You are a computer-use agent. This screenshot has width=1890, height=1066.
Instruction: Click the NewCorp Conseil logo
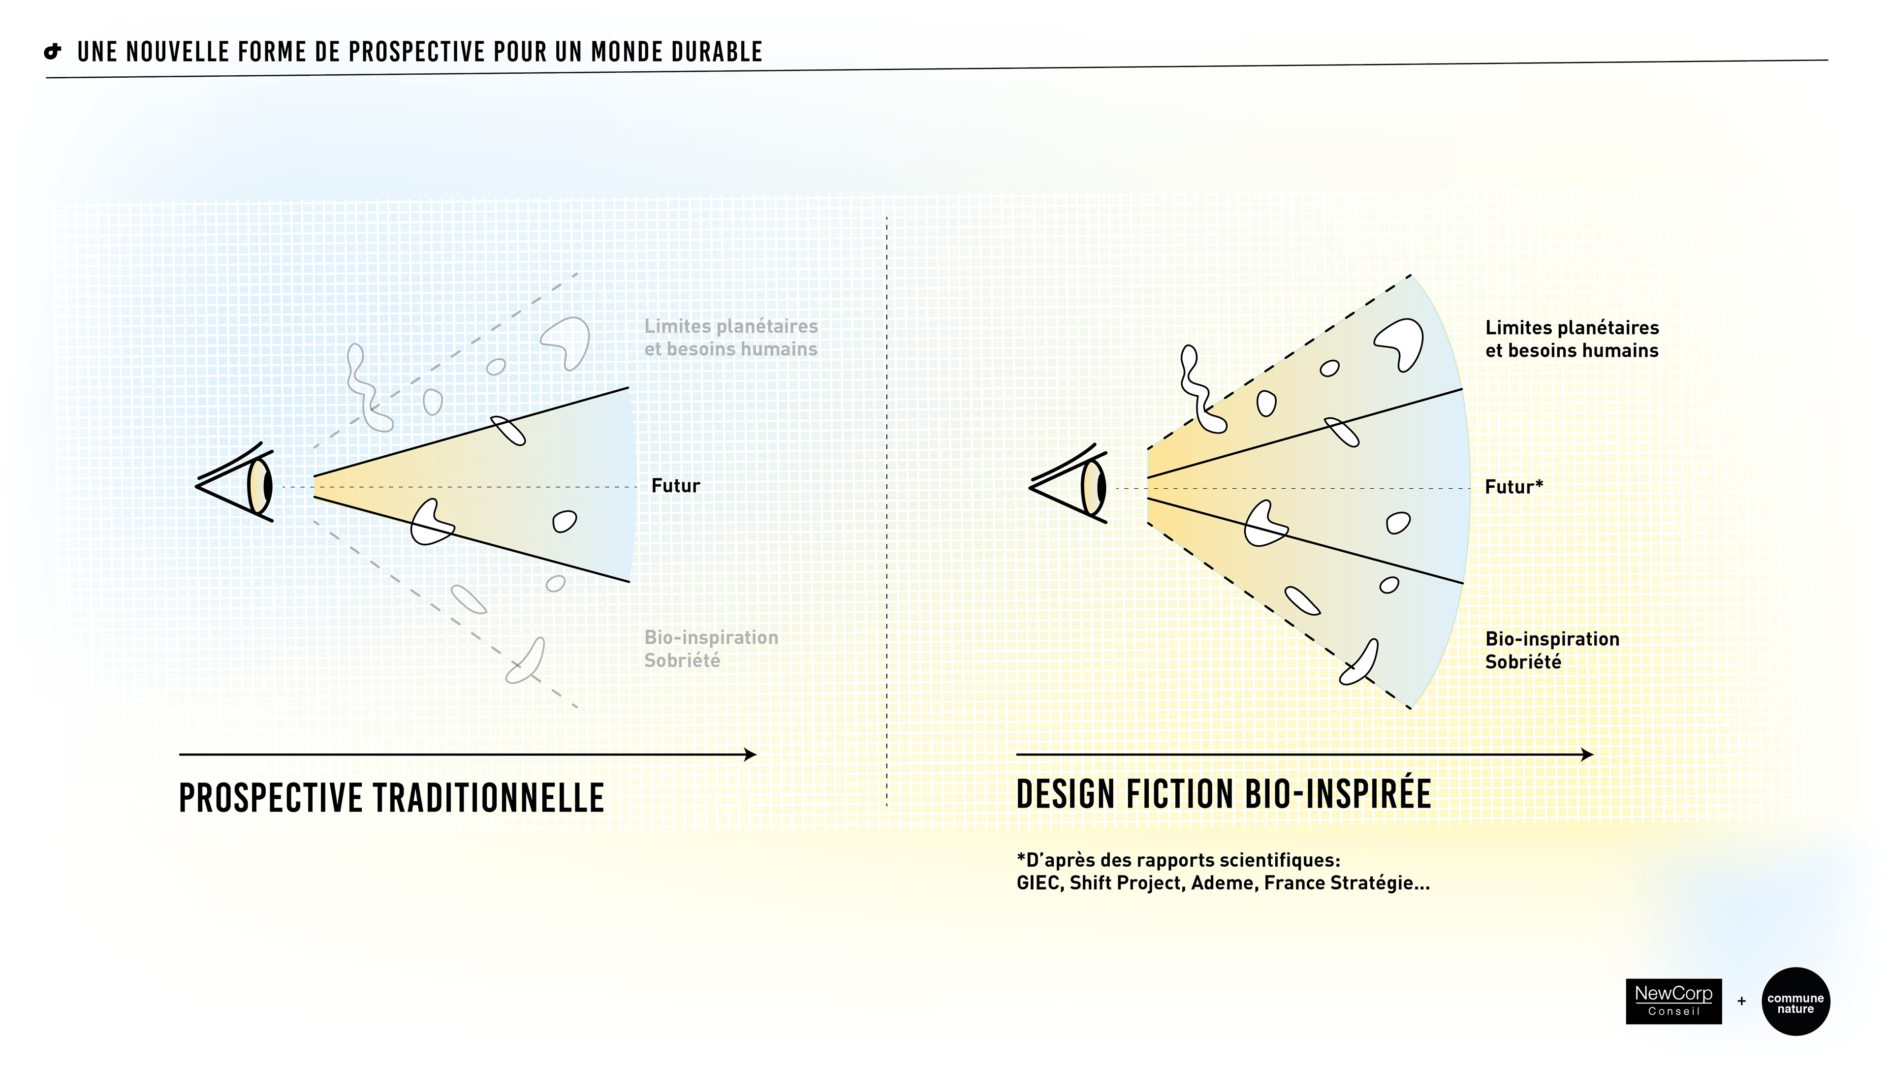coord(1673,1001)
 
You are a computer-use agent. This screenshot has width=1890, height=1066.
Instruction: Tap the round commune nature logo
coord(1795,1002)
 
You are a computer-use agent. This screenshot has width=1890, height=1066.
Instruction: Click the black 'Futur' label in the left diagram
coord(675,486)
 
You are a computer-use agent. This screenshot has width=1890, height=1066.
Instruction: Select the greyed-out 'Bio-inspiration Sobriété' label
coord(710,649)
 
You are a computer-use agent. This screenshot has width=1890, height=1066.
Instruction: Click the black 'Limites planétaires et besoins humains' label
coord(1572,339)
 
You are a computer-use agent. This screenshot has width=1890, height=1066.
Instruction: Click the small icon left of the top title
coord(53,51)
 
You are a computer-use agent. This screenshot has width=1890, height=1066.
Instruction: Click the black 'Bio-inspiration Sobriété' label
coord(1552,650)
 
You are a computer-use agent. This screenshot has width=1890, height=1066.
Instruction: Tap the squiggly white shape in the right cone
coord(1200,389)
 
